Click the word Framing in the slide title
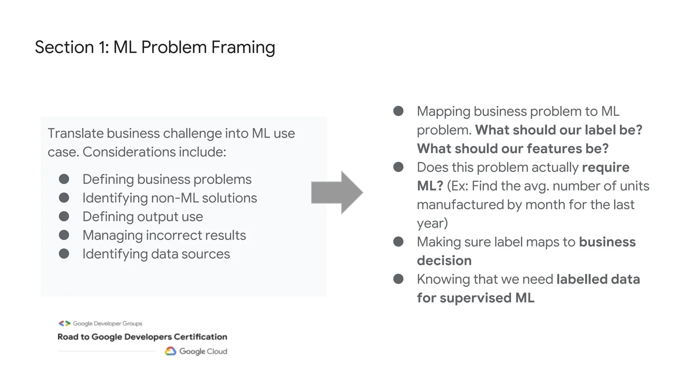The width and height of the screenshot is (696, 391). (243, 47)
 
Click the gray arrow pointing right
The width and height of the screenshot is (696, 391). (336, 192)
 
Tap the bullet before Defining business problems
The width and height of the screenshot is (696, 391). (64, 179)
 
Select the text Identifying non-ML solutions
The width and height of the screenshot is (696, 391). (170, 198)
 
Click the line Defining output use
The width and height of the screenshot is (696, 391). (142, 217)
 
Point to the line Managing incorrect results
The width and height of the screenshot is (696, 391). (164, 235)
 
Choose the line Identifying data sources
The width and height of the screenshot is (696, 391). (156, 254)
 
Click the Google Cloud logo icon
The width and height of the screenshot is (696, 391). (170, 351)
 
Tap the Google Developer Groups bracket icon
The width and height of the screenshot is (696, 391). (64, 323)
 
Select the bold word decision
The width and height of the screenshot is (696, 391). (444, 261)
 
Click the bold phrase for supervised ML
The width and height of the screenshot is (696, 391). (475, 298)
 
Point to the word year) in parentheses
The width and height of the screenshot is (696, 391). (432, 223)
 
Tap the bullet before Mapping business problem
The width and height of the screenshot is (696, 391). (398, 111)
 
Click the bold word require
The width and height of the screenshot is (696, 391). (606, 167)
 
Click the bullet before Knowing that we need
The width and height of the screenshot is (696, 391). (398, 279)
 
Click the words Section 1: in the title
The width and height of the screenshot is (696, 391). (72, 47)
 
